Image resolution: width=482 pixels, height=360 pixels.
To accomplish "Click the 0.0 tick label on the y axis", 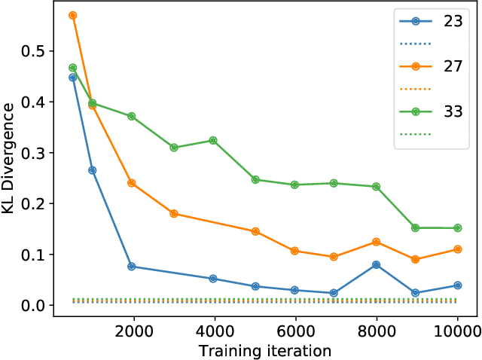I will pos(34,306).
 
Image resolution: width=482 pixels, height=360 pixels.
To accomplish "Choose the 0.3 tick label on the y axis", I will pos(34,153).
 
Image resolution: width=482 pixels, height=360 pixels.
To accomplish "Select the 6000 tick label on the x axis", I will pos(296,329).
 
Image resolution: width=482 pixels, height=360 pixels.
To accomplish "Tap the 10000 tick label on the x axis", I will pos(458,329).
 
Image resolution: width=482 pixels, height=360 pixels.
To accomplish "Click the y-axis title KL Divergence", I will pos(11,160).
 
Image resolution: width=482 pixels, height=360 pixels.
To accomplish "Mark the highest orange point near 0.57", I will pos(73,15).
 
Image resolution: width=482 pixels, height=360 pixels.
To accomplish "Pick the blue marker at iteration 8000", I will pos(377,265).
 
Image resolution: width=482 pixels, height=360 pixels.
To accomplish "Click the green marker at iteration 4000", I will pos(213,141).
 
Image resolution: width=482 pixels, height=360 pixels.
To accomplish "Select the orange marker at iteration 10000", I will pos(457,249).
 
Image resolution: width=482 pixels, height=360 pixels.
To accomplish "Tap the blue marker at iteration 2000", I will pos(132,267).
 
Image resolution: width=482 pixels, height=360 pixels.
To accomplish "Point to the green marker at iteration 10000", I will pos(457,228).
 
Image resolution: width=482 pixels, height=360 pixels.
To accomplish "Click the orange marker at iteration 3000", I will pos(174,214).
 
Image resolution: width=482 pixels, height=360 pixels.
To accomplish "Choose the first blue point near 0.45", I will pos(73,78).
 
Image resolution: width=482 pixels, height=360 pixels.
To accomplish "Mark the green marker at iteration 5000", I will pos(255,180).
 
